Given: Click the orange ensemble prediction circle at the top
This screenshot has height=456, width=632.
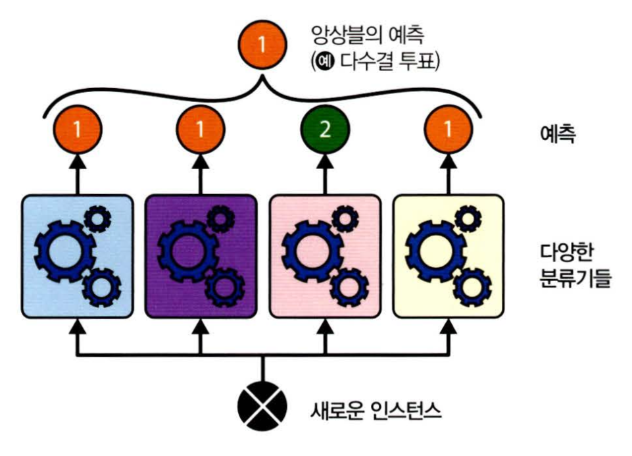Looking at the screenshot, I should click(262, 45).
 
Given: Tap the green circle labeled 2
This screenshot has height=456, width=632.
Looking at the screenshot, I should click(324, 129).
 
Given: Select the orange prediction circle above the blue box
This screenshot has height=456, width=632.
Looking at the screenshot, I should click(78, 129).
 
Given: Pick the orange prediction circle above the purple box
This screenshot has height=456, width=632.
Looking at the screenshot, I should click(200, 129).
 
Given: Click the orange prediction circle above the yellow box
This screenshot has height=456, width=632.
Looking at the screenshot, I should click(448, 129).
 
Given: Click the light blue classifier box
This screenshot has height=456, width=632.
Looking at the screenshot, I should click(78, 256).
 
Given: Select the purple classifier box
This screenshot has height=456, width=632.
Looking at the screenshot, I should click(200, 256).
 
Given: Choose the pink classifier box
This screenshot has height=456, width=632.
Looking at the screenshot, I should click(324, 256).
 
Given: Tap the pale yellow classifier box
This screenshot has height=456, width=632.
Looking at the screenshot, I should click(448, 256).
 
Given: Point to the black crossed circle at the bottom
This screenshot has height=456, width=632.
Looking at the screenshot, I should click(262, 407).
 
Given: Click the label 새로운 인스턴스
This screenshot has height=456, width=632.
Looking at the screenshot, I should click(376, 411).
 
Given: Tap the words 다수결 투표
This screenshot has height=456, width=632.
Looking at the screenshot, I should click(395, 63).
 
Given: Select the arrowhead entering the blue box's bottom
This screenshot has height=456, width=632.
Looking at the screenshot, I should click(78, 324).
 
